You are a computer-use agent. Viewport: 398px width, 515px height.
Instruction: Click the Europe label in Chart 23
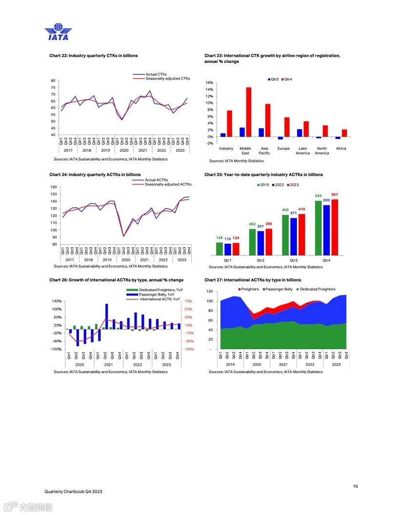(x=283, y=148)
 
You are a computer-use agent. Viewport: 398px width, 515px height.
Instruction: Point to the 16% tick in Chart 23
(x=209, y=83)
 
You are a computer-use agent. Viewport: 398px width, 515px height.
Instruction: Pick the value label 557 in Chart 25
(x=335, y=195)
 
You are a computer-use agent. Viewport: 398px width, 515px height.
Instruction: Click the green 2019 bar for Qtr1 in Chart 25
(x=219, y=249)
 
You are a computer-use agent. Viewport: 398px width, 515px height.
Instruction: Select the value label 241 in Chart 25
(x=260, y=226)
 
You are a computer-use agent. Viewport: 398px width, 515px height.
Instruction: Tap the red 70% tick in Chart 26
(x=189, y=301)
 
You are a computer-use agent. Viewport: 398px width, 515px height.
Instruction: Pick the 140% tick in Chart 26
(x=56, y=301)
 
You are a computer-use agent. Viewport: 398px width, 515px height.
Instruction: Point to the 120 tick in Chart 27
(x=209, y=292)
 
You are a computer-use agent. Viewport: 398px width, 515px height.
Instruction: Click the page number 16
(x=356, y=486)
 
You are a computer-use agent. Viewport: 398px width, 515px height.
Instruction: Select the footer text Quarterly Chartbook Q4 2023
(x=73, y=491)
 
